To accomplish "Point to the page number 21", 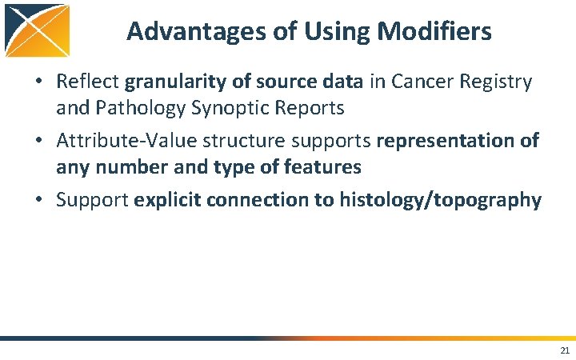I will (565, 350).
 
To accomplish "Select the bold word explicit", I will (167, 200).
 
